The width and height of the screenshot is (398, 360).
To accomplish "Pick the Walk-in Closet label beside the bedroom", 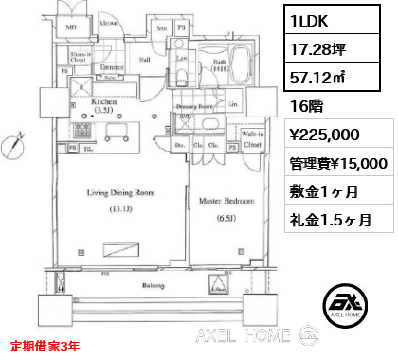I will (251, 140).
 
